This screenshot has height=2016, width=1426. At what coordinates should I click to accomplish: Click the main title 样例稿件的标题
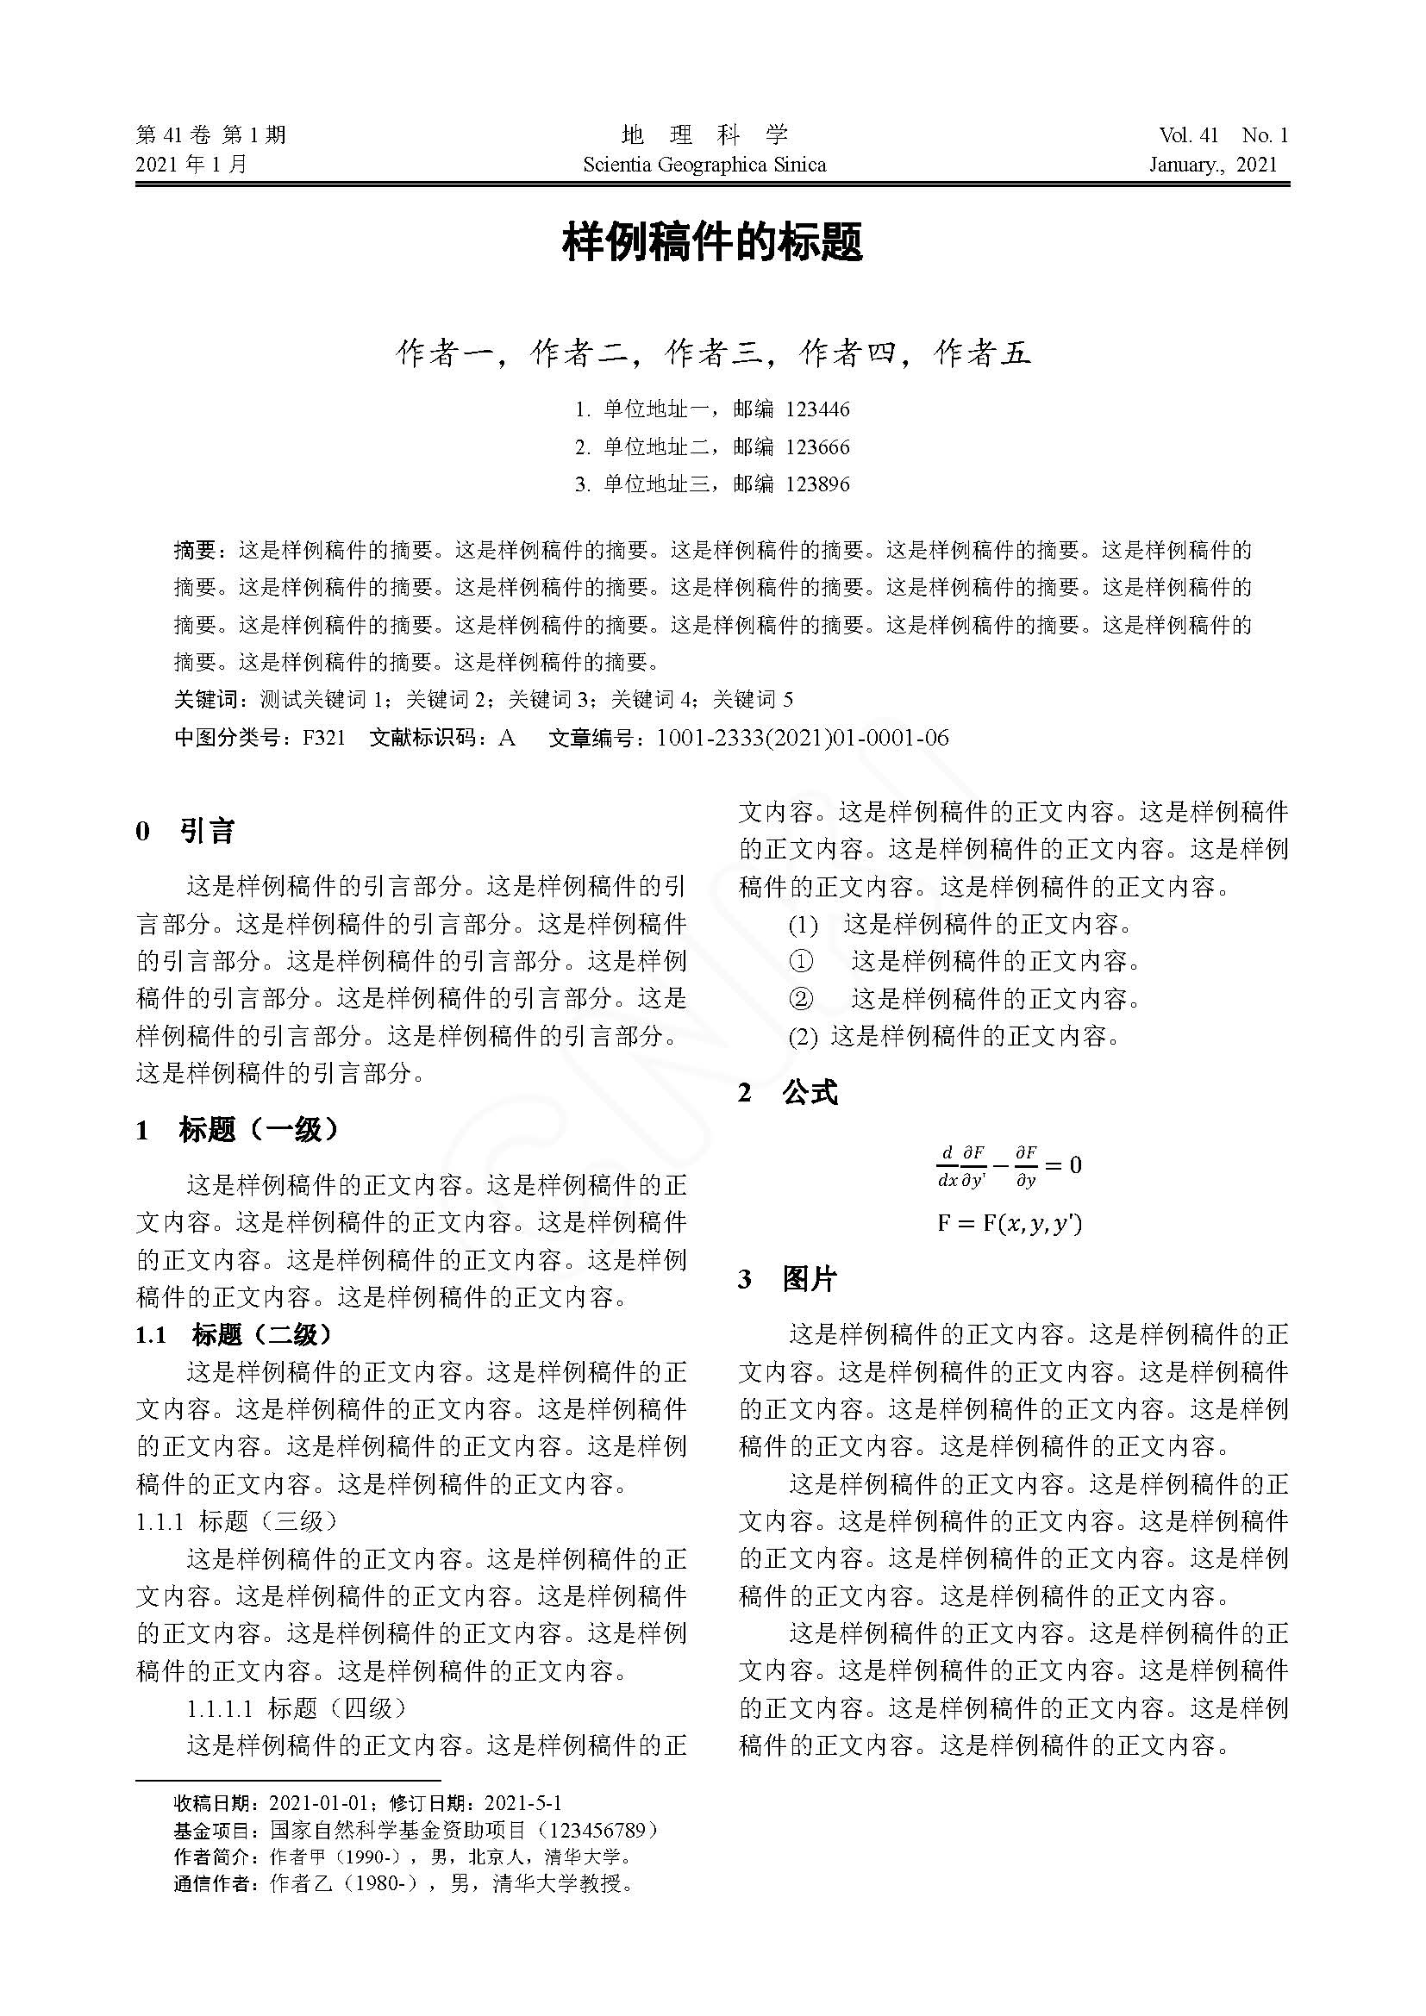tap(712, 242)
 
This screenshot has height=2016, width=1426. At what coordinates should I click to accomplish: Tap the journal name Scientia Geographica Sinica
tap(704, 165)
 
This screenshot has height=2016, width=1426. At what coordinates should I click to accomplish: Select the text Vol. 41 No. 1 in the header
tap(1223, 135)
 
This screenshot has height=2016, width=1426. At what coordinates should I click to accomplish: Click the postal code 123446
tap(817, 409)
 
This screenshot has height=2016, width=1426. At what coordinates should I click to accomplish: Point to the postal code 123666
tap(817, 447)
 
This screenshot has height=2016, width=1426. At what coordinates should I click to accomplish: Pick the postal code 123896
tap(817, 484)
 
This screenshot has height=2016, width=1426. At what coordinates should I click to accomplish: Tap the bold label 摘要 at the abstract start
tap(195, 551)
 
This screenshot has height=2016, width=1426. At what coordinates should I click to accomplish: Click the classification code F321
tap(324, 737)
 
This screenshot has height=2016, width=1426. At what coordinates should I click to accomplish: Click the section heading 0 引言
tap(185, 831)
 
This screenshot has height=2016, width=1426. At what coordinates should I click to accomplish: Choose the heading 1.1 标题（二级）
tap(235, 1334)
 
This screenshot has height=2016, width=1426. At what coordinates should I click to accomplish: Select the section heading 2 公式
tap(788, 1093)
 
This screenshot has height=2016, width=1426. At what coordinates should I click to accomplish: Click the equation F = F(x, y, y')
tap(1009, 1222)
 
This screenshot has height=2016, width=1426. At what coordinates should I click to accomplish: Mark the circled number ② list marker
tap(801, 998)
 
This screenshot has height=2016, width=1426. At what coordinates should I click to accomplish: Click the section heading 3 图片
tap(788, 1279)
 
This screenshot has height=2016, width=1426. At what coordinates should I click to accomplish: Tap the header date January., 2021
tap(1214, 165)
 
